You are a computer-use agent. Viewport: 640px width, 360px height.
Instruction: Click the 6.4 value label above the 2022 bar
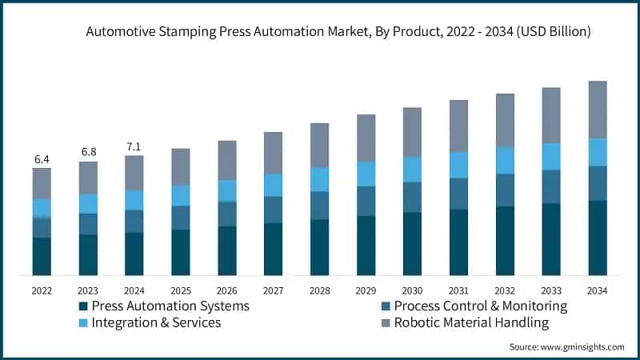(42, 159)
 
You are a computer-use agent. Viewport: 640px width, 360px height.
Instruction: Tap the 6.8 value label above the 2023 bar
(88, 153)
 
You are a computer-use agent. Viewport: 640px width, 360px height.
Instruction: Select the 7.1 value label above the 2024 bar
(134, 146)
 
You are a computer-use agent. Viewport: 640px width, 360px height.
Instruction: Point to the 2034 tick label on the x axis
(598, 290)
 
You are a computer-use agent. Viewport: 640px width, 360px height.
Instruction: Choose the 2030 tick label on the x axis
(412, 290)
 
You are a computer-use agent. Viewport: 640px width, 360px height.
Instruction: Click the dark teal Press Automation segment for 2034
(598, 238)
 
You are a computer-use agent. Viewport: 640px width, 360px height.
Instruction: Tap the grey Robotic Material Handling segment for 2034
(598, 110)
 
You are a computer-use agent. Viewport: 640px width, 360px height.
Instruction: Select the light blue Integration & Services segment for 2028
(319, 179)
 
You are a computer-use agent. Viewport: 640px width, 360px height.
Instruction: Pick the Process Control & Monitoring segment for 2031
(458, 194)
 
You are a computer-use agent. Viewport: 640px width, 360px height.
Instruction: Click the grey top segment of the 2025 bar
(181, 166)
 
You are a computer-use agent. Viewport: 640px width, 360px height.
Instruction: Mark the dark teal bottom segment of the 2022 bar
(42, 256)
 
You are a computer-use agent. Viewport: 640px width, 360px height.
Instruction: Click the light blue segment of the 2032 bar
(505, 160)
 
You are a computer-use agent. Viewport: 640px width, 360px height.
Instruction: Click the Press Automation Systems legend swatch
(83, 306)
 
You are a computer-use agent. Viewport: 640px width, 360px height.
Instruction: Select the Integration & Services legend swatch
(83, 323)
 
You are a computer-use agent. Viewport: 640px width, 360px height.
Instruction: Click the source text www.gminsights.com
(584, 346)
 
